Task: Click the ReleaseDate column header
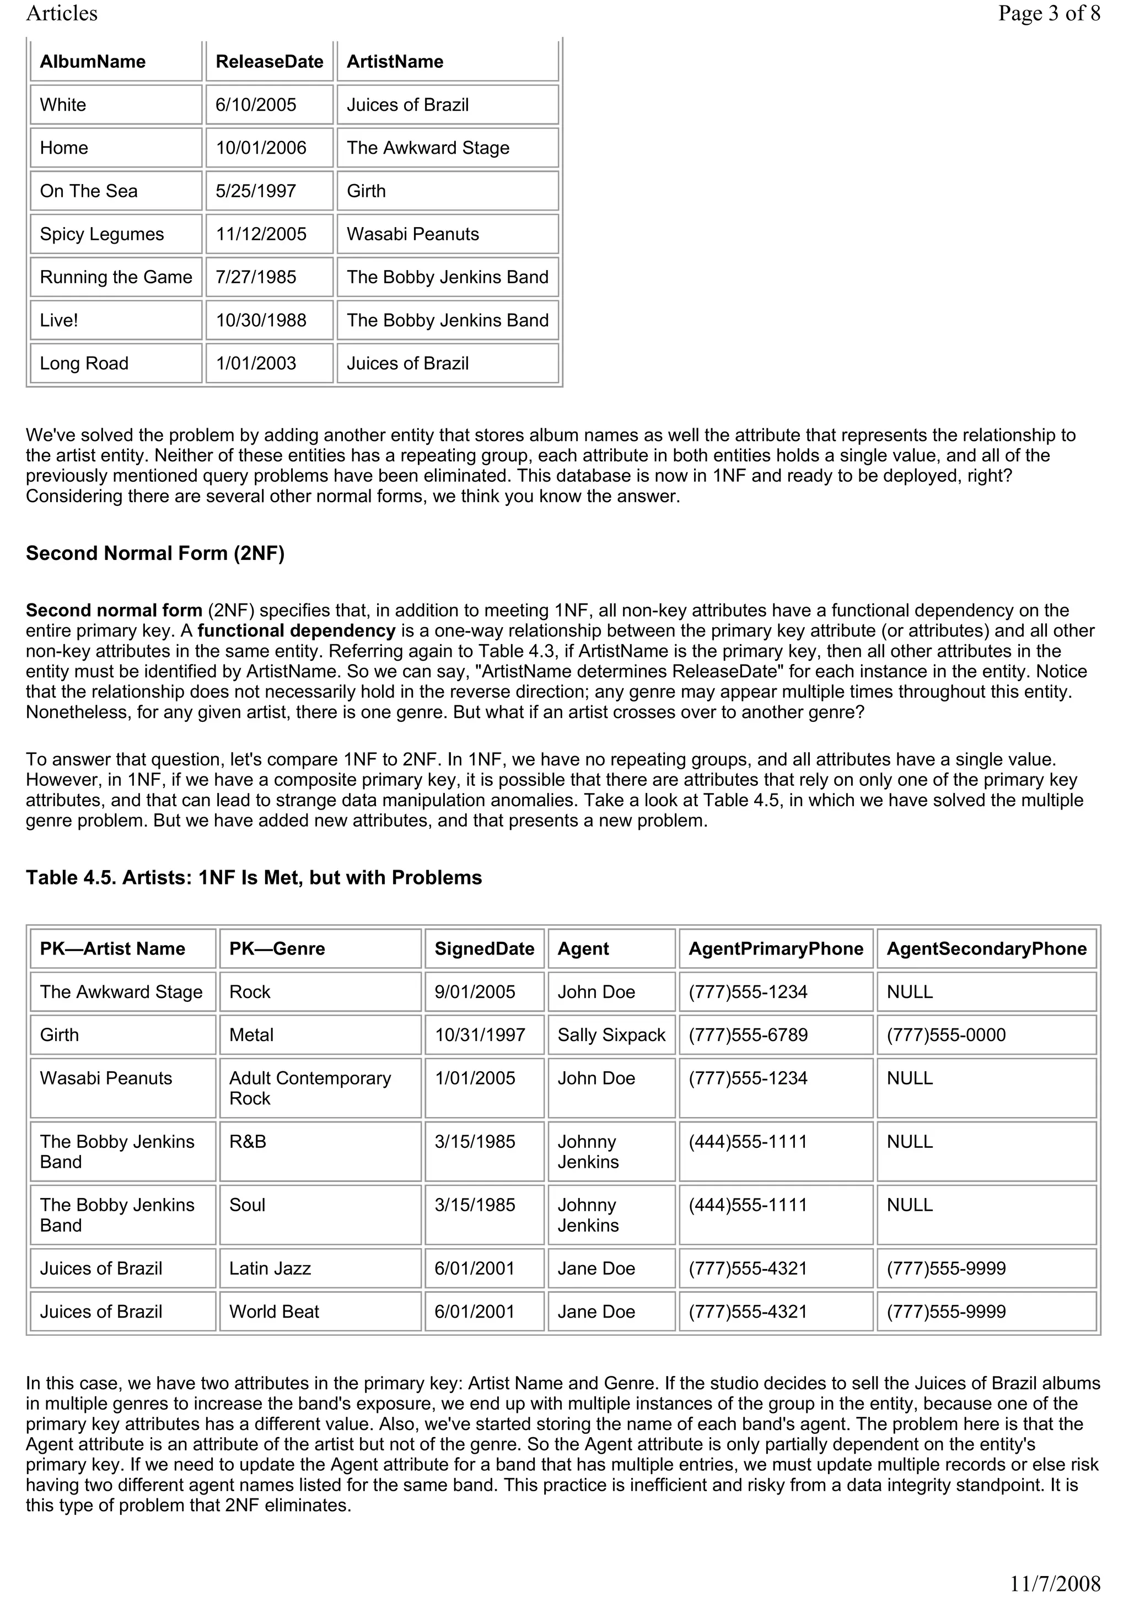(x=269, y=61)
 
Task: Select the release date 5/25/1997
(x=256, y=191)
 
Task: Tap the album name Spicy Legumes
(x=102, y=234)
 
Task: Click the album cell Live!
(x=59, y=320)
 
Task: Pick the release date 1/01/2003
(x=256, y=363)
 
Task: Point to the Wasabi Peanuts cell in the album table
(x=412, y=234)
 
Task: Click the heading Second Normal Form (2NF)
(x=155, y=553)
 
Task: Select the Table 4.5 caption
(x=254, y=877)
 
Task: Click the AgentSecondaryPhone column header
(x=986, y=949)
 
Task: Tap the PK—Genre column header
(x=277, y=949)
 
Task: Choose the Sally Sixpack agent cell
(x=611, y=1035)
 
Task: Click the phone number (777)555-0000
(x=946, y=1035)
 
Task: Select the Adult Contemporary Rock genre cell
(x=310, y=1088)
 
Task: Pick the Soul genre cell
(x=248, y=1205)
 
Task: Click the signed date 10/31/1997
(x=480, y=1035)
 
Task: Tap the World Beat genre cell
(x=274, y=1311)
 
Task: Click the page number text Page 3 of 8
(x=1049, y=13)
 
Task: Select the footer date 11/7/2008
(x=1055, y=1584)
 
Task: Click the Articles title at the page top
(x=62, y=13)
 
